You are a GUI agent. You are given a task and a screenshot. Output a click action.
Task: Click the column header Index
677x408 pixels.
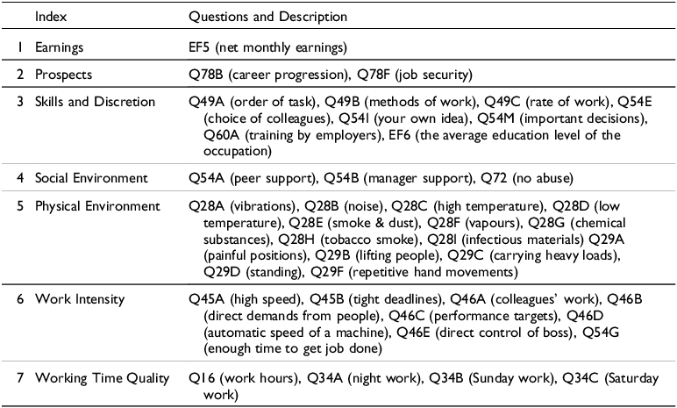[51, 17]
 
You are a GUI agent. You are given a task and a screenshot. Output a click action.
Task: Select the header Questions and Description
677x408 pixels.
[268, 17]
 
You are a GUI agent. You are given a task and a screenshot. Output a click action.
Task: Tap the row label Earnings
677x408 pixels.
[59, 47]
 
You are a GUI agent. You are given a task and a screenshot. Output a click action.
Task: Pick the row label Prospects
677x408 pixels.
[63, 75]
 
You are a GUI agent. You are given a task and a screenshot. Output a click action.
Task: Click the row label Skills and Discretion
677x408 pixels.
[95, 102]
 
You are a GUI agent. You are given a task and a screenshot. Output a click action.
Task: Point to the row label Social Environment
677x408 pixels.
[91, 178]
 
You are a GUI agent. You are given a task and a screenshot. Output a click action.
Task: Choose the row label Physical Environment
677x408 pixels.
[97, 206]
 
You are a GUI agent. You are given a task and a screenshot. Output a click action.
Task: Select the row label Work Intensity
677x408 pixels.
[80, 299]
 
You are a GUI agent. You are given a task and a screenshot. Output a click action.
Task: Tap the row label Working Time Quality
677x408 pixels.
[103, 378]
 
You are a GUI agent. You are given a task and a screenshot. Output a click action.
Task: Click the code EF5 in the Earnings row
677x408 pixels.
[199, 47]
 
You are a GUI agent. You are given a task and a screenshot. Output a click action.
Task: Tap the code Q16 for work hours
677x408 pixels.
[202, 379]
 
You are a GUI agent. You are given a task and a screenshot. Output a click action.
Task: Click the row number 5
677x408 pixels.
[20, 206]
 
